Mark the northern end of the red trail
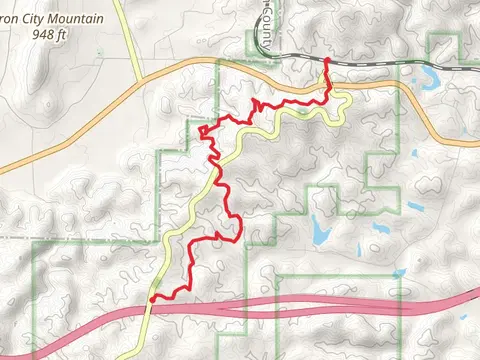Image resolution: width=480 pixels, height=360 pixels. pos(328,61)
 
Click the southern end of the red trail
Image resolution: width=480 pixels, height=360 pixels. pos(152,298)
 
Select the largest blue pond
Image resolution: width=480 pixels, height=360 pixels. pos(320,232)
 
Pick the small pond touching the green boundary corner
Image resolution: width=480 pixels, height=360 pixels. pos(414,208)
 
